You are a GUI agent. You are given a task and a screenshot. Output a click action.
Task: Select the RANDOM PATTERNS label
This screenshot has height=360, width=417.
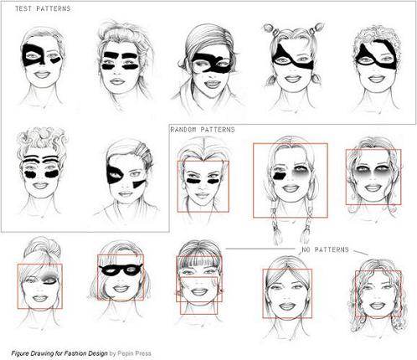pyautogui.click(x=202, y=130)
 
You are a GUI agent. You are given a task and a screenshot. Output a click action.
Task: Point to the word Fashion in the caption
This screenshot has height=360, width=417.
pyautogui.click(x=83, y=352)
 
